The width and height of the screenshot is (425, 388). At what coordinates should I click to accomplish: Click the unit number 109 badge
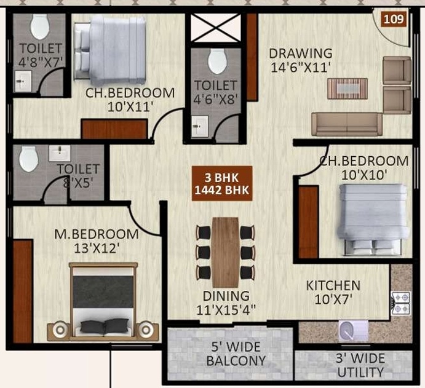[394, 19]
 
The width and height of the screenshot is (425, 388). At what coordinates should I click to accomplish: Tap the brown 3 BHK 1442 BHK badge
[222, 183]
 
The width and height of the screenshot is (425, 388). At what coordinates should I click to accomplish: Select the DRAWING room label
[301, 53]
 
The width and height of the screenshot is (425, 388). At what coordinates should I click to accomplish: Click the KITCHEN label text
[333, 285]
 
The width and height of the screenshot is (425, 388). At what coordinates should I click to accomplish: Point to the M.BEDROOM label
[97, 234]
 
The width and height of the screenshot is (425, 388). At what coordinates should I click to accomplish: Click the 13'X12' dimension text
[97, 248]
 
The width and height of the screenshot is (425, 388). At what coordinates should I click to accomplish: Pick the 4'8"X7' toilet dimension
[41, 61]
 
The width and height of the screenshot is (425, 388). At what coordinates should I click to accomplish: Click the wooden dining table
[225, 252]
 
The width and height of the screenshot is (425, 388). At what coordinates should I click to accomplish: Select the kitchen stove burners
[401, 303]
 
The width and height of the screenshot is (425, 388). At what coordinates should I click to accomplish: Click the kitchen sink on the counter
[353, 331]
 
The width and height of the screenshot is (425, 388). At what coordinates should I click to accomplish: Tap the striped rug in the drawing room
[348, 89]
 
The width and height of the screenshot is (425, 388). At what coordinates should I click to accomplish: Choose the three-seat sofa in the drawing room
[347, 124]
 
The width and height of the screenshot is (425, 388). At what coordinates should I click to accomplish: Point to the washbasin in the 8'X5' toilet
[60, 153]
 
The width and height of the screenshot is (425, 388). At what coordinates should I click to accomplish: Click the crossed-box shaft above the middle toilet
[216, 28]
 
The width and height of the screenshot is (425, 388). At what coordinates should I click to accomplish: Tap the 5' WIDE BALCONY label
[236, 354]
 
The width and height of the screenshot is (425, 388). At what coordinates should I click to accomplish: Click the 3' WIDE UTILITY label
[360, 365]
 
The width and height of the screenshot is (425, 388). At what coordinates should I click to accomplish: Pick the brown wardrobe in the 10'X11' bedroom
[114, 129]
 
